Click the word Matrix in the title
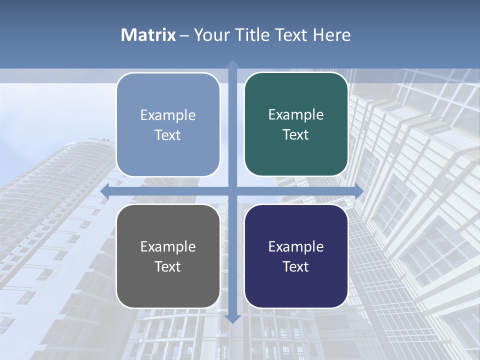pyautogui.click(x=148, y=35)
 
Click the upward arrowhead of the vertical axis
pyautogui.click(x=232, y=65)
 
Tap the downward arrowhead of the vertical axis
pyautogui.click(x=232, y=318)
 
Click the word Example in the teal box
pyautogui.click(x=296, y=114)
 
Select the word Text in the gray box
pyautogui.click(x=168, y=266)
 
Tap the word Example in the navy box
pyautogui.click(x=296, y=246)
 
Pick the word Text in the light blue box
pyautogui.click(x=168, y=135)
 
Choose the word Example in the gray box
pyautogui.click(x=168, y=246)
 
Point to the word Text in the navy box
pyautogui.click(x=296, y=266)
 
